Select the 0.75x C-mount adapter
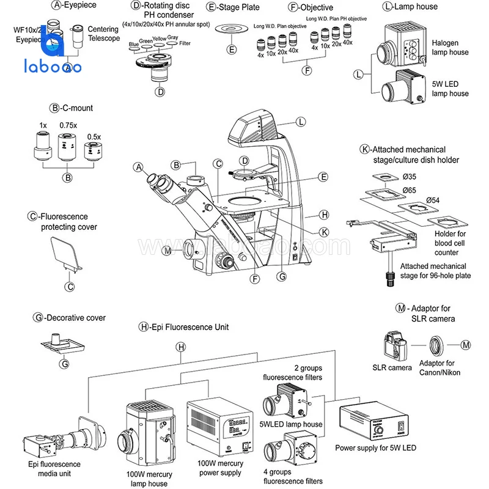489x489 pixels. [67, 147]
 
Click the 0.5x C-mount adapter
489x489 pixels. [92, 149]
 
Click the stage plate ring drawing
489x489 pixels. [231, 28]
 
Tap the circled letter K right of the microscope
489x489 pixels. [324, 232]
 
